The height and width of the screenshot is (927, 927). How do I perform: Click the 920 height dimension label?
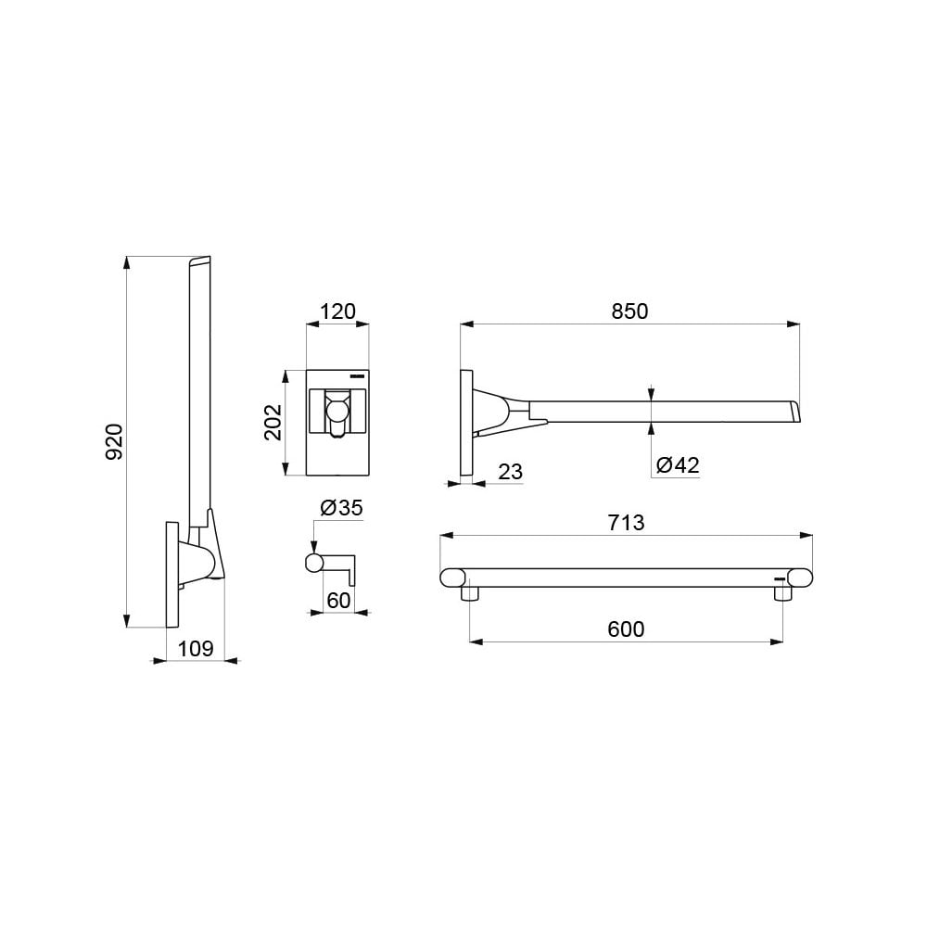pyautogui.click(x=114, y=441)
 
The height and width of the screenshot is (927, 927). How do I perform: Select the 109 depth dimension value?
pyautogui.click(x=195, y=649)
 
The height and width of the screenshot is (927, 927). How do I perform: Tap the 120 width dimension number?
pyautogui.click(x=337, y=311)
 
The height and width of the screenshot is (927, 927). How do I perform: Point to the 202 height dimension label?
pyautogui.click(x=273, y=422)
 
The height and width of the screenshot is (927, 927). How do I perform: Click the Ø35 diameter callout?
pyautogui.click(x=341, y=508)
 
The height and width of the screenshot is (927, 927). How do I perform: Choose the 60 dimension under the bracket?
pyautogui.click(x=338, y=601)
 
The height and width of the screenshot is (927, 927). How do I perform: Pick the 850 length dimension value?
pyautogui.click(x=629, y=311)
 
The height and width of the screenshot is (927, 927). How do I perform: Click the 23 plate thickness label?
pyautogui.click(x=510, y=472)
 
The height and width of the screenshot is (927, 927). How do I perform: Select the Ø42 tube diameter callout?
pyautogui.click(x=678, y=465)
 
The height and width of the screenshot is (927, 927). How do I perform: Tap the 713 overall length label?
pyautogui.click(x=626, y=523)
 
